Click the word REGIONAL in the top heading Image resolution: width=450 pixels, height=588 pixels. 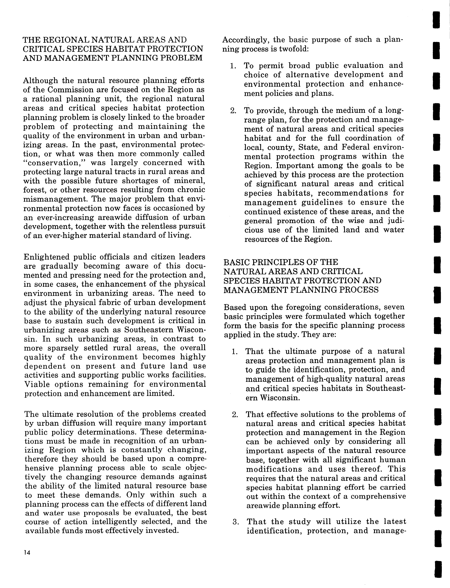66,40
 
